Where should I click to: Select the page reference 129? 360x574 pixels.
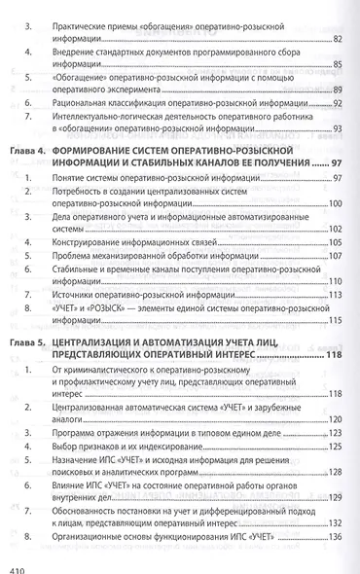[x=334, y=494]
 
